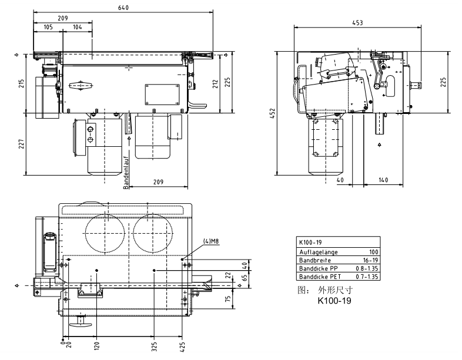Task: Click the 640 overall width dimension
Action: point(123,8)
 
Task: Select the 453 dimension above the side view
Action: point(357,22)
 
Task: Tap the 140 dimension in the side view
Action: point(383,180)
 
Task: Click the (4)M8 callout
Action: point(211,241)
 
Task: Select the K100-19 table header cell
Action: point(312,242)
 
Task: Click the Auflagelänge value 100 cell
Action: point(373,251)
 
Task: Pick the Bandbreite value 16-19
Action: point(369,259)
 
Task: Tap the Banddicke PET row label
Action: point(318,275)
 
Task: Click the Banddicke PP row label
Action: point(317,267)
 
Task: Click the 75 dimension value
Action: point(228,298)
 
